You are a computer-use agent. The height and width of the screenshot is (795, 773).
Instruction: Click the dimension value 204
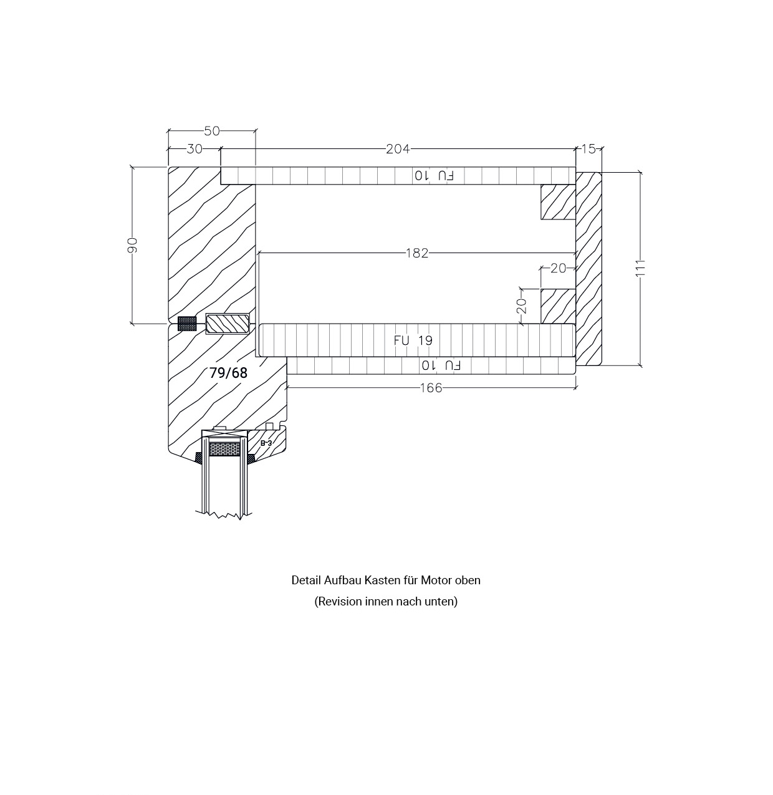pyautogui.click(x=398, y=149)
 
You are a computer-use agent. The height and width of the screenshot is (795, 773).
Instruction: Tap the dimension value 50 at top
pyautogui.click(x=211, y=131)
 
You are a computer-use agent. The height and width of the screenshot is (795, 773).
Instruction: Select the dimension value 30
pyautogui.click(x=194, y=149)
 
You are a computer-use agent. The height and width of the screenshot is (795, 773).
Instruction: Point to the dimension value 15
pyautogui.click(x=588, y=149)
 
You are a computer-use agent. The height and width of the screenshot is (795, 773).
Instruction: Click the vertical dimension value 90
pyautogui.click(x=133, y=245)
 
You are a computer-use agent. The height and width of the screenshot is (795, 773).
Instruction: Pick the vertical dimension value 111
pyautogui.click(x=640, y=268)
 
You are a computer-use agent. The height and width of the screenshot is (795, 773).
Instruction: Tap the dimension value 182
pyautogui.click(x=417, y=253)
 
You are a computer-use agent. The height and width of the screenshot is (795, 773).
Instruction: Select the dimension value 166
pyautogui.click(x=431, y=388)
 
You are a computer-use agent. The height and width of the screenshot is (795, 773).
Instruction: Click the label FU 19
pyautogui.click(x=413, y=340)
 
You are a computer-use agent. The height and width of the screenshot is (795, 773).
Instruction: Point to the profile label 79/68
pyautogui.click(x=228, y=373)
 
